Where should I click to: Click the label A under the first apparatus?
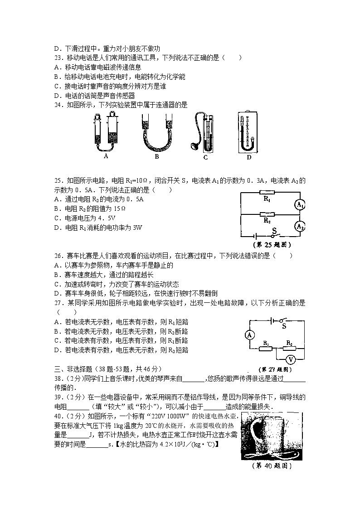[106, 156]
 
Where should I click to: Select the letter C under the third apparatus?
[205, 157]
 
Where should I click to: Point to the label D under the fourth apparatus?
[249, 157]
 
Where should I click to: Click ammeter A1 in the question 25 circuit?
[299, 205]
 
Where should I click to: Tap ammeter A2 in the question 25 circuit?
[299, 225]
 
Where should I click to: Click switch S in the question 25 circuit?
[273, 233]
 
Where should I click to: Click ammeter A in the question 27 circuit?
[249, 335]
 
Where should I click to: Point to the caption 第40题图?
[271, 466]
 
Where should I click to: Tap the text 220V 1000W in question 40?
[174, 417]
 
